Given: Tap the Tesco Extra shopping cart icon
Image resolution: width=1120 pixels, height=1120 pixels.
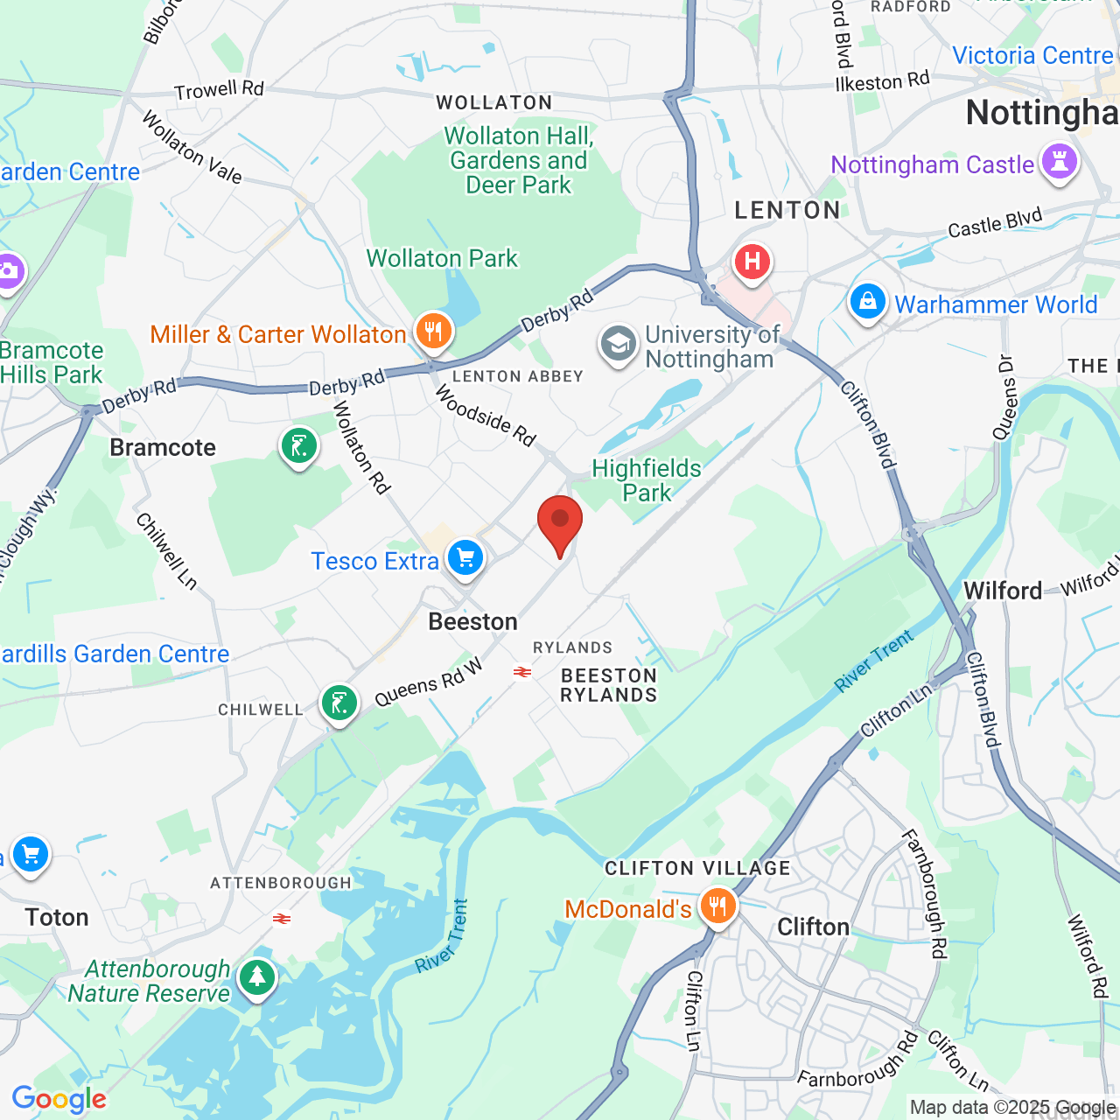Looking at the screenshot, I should click(x=465, y=556).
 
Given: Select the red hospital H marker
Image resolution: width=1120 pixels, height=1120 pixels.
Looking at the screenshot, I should click(x=752, y=262).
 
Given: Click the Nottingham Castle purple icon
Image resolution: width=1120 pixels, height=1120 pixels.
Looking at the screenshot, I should click(x=1060, y=163).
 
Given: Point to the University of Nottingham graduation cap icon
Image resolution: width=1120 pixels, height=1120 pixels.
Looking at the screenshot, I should click(x=619, y=344).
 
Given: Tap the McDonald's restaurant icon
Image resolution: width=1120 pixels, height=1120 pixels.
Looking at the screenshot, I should click(x=717, y=906).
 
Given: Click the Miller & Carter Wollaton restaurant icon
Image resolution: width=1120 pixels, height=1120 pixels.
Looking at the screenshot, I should click(x=433, y=332).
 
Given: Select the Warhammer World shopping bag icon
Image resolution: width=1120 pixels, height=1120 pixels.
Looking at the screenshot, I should click(x=867, y=302).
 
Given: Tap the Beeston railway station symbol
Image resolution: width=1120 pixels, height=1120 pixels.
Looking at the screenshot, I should click(x=522, y=672).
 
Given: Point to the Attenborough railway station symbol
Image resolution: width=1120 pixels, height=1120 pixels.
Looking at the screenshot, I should click(x=282, y=919).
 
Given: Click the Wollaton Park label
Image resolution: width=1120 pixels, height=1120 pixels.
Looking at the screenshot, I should click(x=442, y=259).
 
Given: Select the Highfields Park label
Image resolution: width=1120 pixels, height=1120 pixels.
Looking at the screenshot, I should click(x=647, y=480).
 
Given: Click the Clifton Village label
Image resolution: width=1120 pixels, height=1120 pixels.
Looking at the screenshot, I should click(x=697, y=868).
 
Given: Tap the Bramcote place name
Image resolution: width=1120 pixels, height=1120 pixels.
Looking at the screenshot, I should click(x=163, y=448).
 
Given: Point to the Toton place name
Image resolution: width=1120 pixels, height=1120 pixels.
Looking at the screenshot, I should click(x=57, y=917).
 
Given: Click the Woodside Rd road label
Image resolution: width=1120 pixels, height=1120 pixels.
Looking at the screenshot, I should click(x=486, y=416).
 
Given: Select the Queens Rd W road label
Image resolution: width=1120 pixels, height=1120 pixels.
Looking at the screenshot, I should click(x=429, y=682).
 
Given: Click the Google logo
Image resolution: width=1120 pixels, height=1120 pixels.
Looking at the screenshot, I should click(x=59, y=1099).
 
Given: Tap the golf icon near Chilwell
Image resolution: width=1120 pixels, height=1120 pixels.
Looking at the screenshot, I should click(x=339, y=703).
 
